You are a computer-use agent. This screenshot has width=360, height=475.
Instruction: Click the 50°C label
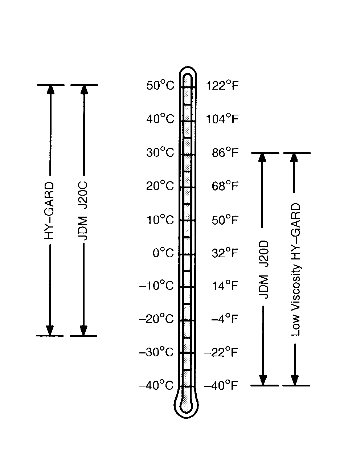pos(160,85)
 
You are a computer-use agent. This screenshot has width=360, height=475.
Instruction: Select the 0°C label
pos(163,253)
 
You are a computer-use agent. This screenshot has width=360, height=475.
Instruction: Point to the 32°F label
pos(225,253)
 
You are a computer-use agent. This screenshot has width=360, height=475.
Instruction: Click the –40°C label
pos(156,385)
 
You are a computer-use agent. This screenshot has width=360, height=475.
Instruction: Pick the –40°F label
pos(221,385)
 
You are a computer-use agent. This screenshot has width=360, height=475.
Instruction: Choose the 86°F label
pos(225,152)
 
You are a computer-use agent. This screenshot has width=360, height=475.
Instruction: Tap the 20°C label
pos(160,186)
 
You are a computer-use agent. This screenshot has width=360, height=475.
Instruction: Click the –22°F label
pos(221,352)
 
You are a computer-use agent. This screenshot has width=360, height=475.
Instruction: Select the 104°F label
pos(222,119)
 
